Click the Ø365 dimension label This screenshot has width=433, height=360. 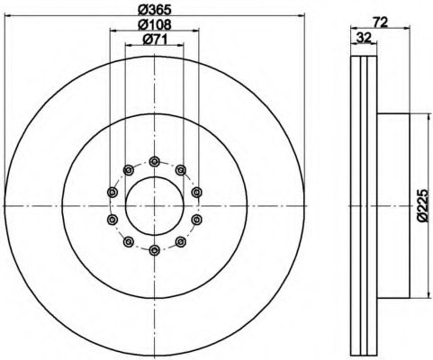(154, 10)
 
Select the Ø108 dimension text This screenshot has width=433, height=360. (154, 24)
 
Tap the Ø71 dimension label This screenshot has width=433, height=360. (155, 40)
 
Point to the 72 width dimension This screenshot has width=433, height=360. (380, 22)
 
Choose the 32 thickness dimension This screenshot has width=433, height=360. (364, 38)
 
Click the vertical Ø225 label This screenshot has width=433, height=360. (422, 205)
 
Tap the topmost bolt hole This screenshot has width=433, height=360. (154, 162)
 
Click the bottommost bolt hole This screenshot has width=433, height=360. (154, 250)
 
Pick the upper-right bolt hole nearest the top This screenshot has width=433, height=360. (180, 170)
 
